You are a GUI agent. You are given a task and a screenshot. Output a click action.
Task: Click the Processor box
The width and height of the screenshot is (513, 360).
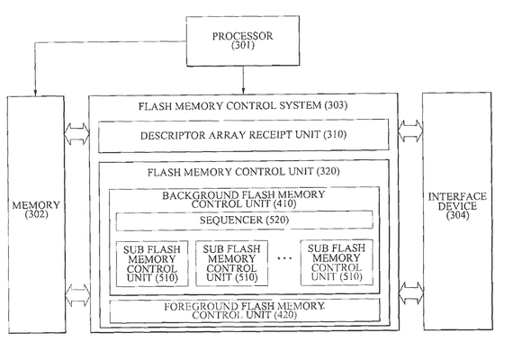243,40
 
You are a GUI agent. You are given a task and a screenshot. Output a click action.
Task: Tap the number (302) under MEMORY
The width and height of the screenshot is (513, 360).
36,215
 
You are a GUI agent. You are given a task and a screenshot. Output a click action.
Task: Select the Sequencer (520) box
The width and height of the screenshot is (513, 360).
244,220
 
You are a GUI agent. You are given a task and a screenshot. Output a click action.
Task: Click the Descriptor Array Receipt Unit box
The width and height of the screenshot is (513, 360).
244,136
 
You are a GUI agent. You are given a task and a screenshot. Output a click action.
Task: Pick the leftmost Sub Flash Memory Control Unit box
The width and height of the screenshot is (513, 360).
152,264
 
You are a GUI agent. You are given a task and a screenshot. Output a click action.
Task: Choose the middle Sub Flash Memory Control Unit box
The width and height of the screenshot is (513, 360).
231,263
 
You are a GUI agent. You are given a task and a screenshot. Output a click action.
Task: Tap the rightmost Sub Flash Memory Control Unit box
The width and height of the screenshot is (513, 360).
337,263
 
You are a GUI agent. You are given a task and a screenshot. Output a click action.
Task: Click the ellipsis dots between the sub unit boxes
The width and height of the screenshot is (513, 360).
284,258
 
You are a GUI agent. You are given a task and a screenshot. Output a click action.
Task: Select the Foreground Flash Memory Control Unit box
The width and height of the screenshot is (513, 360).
245,310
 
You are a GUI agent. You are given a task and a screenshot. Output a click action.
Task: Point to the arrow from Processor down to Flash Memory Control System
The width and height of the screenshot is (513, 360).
243,80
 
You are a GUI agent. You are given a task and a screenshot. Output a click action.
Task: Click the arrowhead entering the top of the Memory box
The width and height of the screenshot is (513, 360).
35,93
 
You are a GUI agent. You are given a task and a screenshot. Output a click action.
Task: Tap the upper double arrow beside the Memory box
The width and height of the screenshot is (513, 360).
76,134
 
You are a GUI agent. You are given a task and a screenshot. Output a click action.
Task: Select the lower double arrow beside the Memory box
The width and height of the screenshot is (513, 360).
78,295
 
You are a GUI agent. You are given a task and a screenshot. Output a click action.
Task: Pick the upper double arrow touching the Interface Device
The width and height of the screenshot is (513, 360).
410,130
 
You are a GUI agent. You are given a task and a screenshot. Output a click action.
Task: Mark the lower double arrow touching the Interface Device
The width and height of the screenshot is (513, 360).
411,292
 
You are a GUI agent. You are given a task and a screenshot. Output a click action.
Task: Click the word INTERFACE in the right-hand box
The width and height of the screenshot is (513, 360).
457,197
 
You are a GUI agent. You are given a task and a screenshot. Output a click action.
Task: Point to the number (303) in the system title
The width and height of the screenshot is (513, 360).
336,105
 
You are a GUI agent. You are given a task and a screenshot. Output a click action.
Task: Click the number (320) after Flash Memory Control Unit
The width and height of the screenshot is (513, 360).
328,172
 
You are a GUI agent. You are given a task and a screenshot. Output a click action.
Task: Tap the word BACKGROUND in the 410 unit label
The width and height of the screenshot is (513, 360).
194,195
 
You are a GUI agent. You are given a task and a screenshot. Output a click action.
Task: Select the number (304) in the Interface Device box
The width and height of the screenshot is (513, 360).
457,215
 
